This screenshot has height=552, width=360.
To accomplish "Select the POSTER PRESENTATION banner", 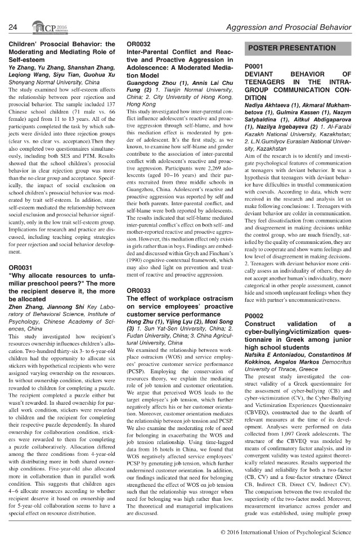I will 292,48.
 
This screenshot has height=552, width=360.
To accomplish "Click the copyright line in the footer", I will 286,531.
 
